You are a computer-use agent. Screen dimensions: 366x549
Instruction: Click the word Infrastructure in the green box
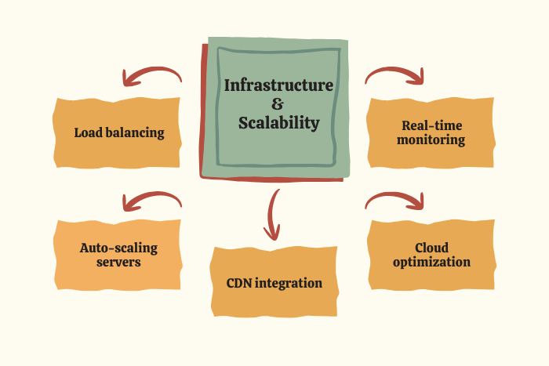(278, 85)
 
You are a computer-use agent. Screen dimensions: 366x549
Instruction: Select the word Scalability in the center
(279, 123)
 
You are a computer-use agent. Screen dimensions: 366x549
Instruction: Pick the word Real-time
(431, 125)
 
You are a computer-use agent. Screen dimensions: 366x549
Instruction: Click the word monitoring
(431, 140)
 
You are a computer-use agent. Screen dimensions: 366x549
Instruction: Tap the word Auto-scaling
(118, 248)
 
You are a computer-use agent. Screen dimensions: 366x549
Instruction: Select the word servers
(118, 263)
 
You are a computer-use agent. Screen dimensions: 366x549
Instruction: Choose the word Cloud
(431, 248)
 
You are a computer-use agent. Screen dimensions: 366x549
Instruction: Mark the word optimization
(431, 263)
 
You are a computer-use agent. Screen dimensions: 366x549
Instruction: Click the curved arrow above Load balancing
(151, 75)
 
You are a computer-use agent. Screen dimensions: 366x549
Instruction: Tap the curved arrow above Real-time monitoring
(394, 74)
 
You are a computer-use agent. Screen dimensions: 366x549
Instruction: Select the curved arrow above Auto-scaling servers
(151, 201)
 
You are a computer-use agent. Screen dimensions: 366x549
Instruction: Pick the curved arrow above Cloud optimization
(394, 200)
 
